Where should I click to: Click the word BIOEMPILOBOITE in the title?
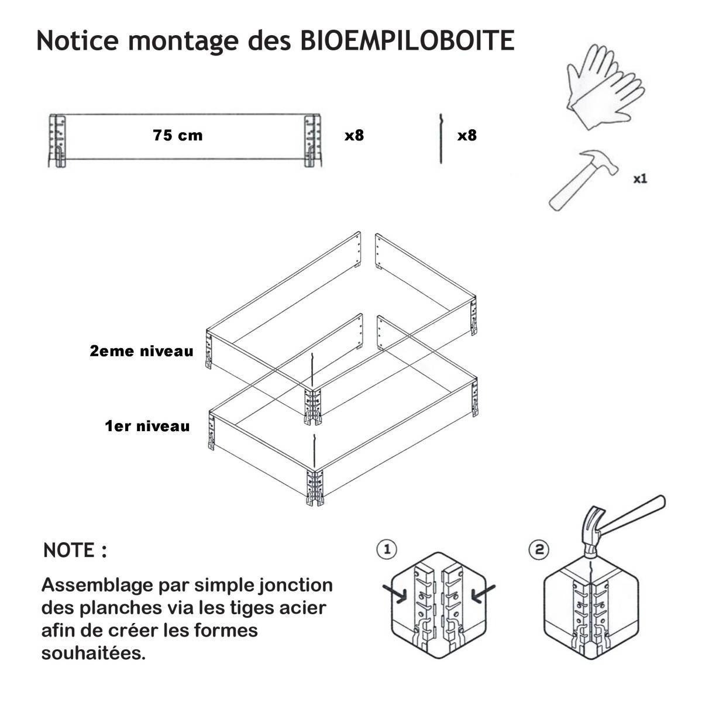coord(407,40)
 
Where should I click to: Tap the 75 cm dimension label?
coord(178,136)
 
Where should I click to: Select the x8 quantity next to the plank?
coord(354,136)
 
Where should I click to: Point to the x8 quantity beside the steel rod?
coord(467,136)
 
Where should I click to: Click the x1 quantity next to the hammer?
coord(640,179)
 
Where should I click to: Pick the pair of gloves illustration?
coord(605,87)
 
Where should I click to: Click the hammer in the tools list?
coord(583,179)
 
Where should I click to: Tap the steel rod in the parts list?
coord(441,139)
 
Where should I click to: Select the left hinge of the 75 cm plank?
coord(57,140)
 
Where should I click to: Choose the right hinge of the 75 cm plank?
coord(312,140)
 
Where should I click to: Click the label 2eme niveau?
coord(142,351)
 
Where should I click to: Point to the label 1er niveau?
coord(147,426)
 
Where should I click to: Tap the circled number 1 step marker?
coord(387,549)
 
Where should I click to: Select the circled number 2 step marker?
coord(539,549)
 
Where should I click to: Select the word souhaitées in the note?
coord(94,653)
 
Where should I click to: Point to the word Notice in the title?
coord(78,40)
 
